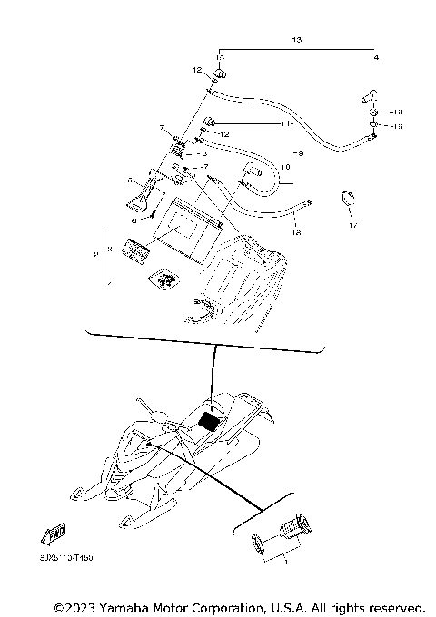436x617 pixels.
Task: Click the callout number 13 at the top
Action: click(296, 41)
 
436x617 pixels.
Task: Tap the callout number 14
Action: click(374, 57)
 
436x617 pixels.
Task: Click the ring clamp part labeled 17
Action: click(348, 197)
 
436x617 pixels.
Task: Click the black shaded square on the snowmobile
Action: click(211, 419)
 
